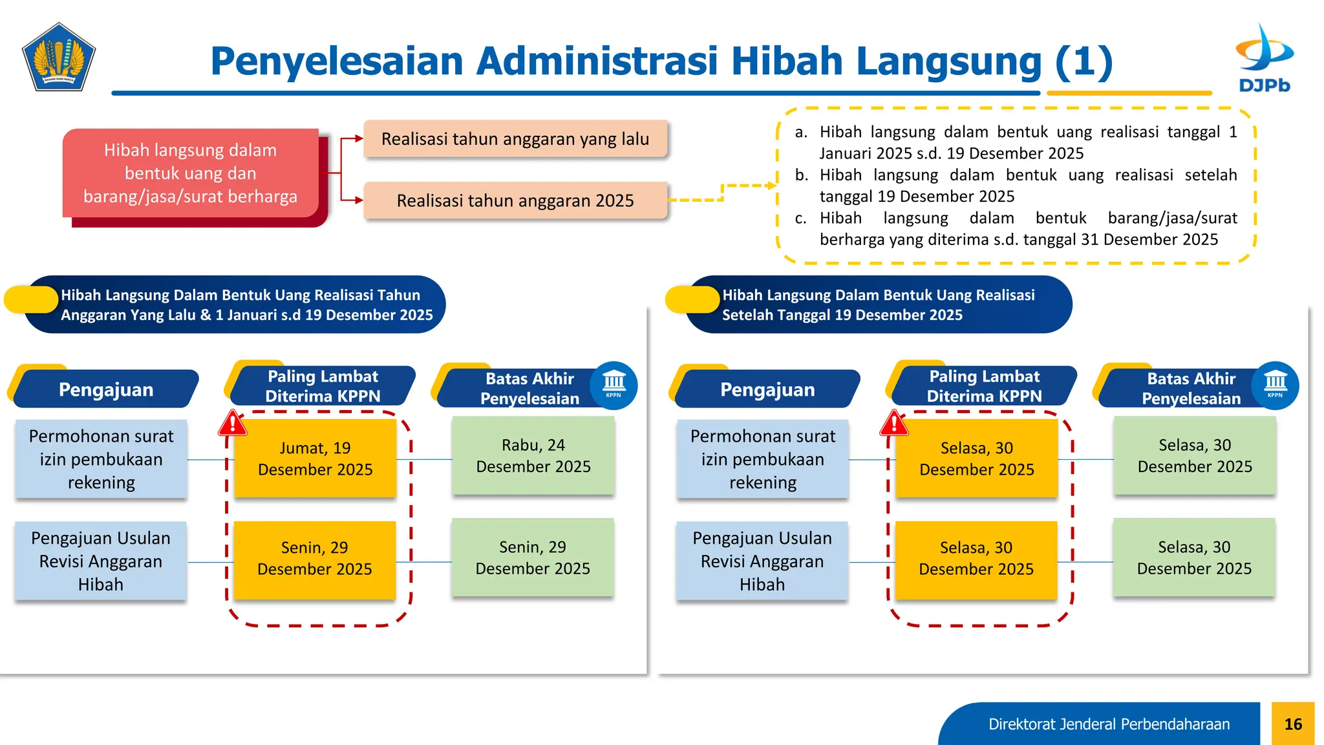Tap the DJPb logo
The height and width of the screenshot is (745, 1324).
click(1264, 58)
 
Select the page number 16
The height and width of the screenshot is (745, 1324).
click(1292, 724)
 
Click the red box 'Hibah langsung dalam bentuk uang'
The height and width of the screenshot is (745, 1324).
click(191, 173)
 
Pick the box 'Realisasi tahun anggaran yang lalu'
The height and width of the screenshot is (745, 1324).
click(515, 139)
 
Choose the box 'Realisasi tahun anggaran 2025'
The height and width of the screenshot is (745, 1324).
click(515, 200)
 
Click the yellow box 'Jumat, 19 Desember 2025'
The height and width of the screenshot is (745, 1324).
click(315, 459)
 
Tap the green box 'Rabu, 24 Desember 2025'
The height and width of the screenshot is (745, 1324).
click(533, 455)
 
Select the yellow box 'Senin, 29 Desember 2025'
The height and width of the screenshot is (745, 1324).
click(315, 558)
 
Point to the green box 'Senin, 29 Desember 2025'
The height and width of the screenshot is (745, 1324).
click(533, 557)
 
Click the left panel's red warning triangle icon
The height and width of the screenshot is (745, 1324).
click(233, 424)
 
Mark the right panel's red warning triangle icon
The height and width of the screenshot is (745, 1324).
click(894, 424)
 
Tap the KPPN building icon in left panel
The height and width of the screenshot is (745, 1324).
click(614, 384)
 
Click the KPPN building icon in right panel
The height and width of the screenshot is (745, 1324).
click(1275, 384)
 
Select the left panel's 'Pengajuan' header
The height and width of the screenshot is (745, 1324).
click(106, 389)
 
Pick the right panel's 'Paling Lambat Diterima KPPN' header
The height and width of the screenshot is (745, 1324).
click(984, 386)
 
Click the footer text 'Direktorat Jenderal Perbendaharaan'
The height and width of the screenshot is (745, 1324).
click(1109, 724)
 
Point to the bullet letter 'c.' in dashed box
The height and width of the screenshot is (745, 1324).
click(800, 219)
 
